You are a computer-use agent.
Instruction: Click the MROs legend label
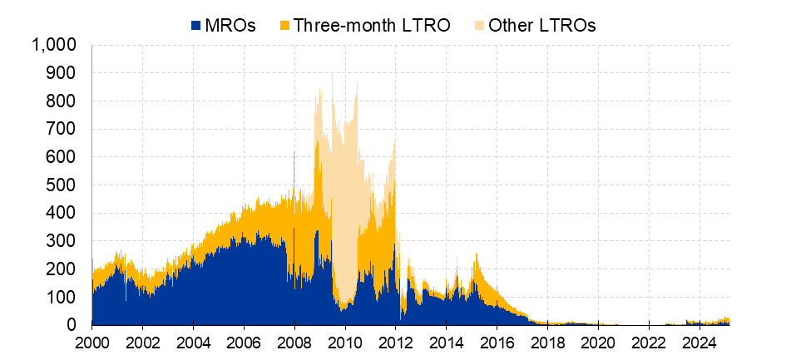tap(230, 25)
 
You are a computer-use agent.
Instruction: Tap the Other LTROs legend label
tap(541, 25)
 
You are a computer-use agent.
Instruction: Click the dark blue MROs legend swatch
tap(195, 25)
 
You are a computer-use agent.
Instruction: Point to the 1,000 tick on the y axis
tap(55, 45)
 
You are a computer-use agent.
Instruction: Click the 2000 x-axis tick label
tap(92, 343)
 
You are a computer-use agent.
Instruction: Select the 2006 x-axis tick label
tap(244, 343)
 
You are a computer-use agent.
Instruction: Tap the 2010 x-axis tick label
tap(345, 343)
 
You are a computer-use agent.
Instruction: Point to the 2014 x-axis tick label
tap(447, 343)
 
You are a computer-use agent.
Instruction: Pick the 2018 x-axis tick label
tap(547, 343)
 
